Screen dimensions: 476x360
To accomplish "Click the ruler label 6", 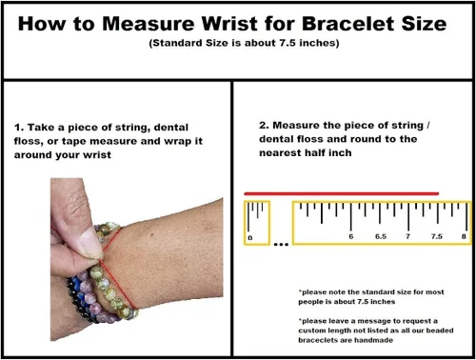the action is click(351, 236).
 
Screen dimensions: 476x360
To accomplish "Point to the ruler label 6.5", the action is click(381, 236).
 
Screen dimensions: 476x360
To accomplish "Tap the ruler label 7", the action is click(407, 236).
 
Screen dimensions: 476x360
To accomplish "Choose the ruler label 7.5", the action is click(437, 236).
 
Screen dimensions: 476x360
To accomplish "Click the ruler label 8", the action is click(464, 236).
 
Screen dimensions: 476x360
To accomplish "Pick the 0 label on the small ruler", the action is click(250, 238).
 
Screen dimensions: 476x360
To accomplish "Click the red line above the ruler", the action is click(342, 193).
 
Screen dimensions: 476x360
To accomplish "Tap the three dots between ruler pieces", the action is click(281, 245).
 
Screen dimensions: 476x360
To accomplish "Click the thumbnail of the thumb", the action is click(90, 244).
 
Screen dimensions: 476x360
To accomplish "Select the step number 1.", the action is click(18, 128).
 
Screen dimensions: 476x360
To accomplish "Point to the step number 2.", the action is click(264, 126).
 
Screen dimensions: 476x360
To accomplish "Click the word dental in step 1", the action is click(171, 128).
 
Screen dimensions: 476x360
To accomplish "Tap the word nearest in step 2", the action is click(280, 153).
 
